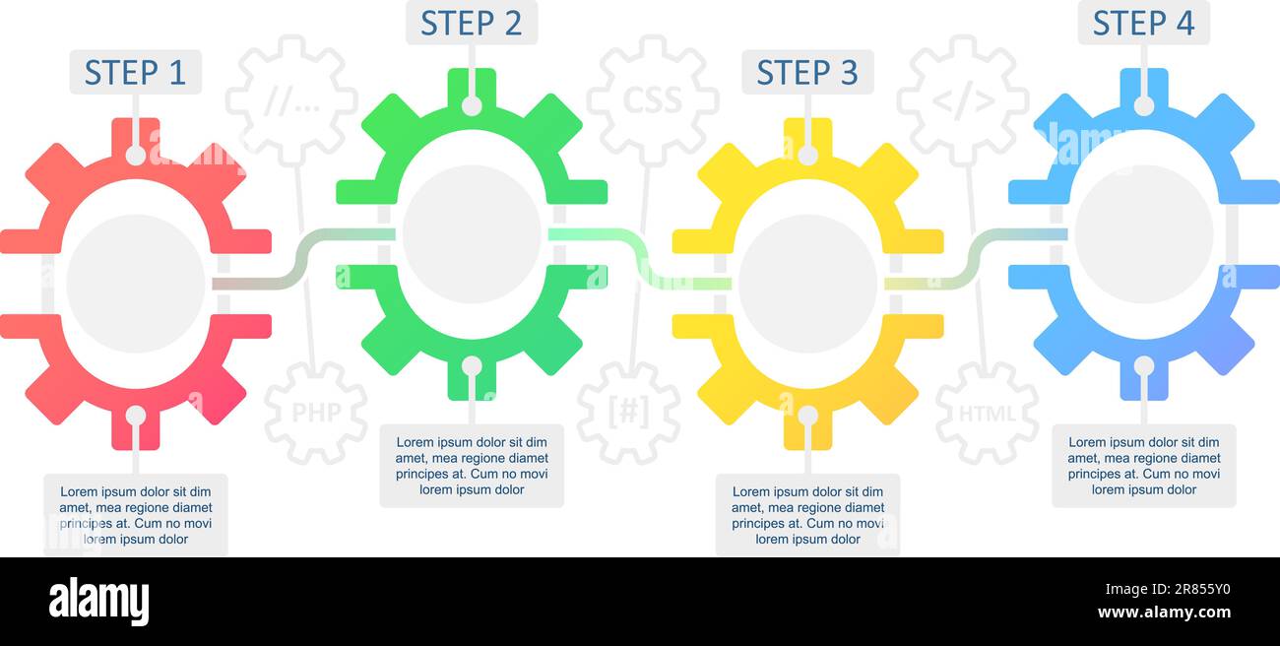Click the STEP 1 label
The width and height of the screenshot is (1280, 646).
click(135, 73)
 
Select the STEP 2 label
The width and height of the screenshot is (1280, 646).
click(472, 23)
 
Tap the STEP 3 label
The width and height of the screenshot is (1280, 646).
click(807, 73)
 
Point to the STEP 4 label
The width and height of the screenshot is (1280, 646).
click(1143, 23)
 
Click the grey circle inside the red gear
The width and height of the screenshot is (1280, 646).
click(136, 284)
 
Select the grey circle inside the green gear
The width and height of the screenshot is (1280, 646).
click(472, 233)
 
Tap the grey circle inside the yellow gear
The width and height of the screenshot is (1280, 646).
click(807, 284)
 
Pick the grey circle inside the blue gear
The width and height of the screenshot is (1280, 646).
click(1143, 233)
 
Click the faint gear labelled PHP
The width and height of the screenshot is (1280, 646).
click(315, 413)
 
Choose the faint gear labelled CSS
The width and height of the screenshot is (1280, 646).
click(652, 100)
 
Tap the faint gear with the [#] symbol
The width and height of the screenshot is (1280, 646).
click(628, 413)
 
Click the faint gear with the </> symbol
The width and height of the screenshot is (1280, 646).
click(963, 100)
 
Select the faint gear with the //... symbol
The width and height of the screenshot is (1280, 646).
click(291, 100)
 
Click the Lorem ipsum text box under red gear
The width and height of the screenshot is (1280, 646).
click(136, 515)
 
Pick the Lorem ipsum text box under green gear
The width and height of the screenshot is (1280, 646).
click(472, 466)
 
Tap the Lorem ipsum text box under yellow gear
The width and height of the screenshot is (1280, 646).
click(807, 515)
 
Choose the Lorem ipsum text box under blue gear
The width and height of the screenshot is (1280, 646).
click(1143, 466)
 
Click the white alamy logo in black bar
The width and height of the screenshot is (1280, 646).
click(98, 602)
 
